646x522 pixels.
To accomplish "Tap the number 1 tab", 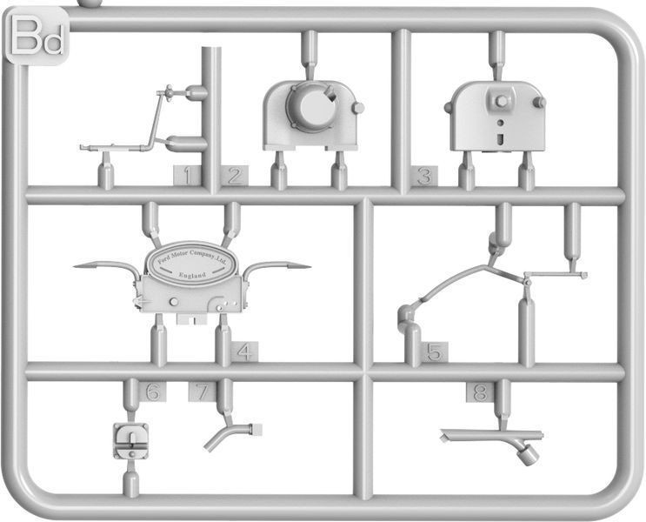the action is [x=187, y=176].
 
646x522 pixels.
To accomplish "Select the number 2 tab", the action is [x=235, y=176].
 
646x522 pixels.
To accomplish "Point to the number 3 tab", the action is [x=424, y=176].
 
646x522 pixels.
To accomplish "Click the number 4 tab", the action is [x=244, y=352].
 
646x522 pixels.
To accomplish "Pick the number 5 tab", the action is [x=434, y=352].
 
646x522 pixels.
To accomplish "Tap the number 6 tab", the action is [x=153, y=391].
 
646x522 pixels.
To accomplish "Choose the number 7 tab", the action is [x=202, y=391].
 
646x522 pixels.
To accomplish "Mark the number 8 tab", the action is [x=481, y=392].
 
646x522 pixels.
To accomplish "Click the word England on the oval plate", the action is [x=192, y=275].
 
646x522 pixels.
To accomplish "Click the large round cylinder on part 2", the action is [x=310, y=107].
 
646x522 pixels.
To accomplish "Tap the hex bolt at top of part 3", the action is [x=501, y=101].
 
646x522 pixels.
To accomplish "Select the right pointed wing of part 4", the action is [x=276, y=267].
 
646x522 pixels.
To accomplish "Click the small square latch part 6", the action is [x=131, y=441].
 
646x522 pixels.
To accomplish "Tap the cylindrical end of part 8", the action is [x=528, y=456].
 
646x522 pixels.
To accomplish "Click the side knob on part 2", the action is [x=358, y=108].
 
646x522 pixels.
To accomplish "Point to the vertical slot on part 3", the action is [x=501, y=139].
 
